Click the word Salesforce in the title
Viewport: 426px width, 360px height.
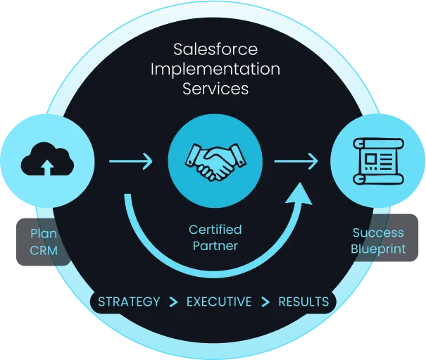click(215, 51)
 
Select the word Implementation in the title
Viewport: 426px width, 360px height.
click(215, 70)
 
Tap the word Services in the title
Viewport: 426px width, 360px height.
click(215, 89)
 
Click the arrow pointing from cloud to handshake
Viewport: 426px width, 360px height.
click(131, 162)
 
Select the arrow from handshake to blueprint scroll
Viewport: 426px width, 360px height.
click(296, 162)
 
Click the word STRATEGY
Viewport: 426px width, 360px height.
click(129, 302)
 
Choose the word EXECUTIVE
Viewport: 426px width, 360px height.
click(219, 302)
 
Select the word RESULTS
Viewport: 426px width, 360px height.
click(303, 302)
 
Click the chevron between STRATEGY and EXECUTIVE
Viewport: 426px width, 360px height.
click(173, 302)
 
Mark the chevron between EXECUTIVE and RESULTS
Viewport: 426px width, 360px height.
click(265, 302)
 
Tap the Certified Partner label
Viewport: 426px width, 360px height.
click(215, 238)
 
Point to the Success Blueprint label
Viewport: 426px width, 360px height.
click(378, 240)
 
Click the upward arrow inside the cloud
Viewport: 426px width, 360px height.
click(47, 167)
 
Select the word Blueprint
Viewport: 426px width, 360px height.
click(378, 248)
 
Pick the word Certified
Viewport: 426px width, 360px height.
click(215, 230)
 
